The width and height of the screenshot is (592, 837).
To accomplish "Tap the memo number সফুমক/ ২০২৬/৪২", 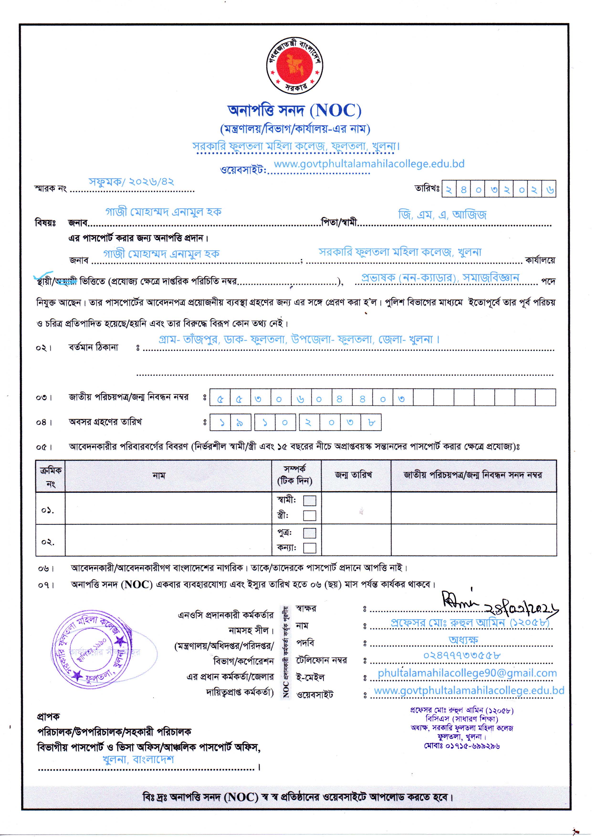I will tap(131, 182).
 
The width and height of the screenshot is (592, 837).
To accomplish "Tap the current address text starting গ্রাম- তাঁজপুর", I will tap(299, 339).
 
